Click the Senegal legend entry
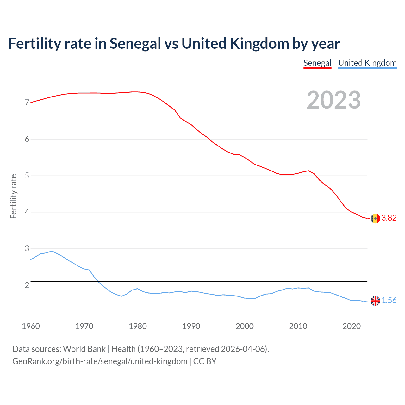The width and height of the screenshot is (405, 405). click(317, 63)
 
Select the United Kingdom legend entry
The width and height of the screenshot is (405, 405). click(367, 63)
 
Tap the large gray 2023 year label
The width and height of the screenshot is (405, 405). click(333, 100)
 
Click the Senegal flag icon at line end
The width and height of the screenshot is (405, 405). click(375, 218)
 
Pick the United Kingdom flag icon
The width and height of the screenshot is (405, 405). click(375, 301)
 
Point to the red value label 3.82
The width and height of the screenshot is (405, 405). click(389, 218)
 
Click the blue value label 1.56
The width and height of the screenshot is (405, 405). click(389, 301)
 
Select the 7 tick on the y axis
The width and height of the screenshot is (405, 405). click(27, 103)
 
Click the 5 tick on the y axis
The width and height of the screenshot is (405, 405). click(27, 176)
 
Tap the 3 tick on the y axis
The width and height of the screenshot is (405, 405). click(27, 249)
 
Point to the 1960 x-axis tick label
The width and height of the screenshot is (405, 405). click(31, 327)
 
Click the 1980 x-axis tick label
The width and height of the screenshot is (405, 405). click(138, 327)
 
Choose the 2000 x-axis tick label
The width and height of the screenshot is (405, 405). click(245, 327)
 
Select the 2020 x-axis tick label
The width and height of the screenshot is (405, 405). click(352, 327)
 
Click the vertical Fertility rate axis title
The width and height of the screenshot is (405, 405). click(13, 196)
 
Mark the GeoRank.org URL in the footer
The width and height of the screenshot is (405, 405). click(100, 361)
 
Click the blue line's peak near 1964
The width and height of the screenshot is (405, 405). click(52, 251)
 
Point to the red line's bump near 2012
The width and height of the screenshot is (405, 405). click(308, 171)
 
